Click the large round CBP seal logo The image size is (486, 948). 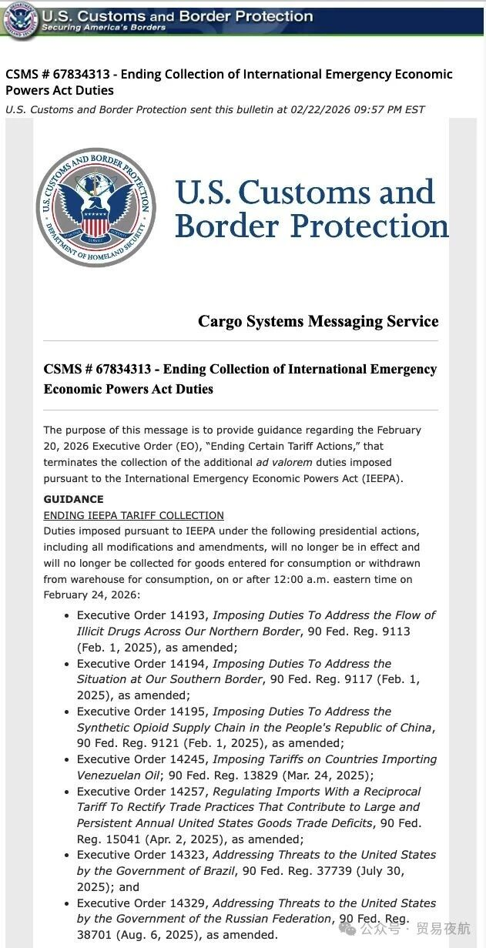(96, 208)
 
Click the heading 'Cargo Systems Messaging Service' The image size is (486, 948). (318, 321)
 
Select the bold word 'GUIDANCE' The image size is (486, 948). (73, 499)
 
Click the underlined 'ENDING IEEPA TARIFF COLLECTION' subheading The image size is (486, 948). (133, 515)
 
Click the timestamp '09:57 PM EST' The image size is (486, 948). (389, 109)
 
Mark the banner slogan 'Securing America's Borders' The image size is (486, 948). (103, 28)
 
